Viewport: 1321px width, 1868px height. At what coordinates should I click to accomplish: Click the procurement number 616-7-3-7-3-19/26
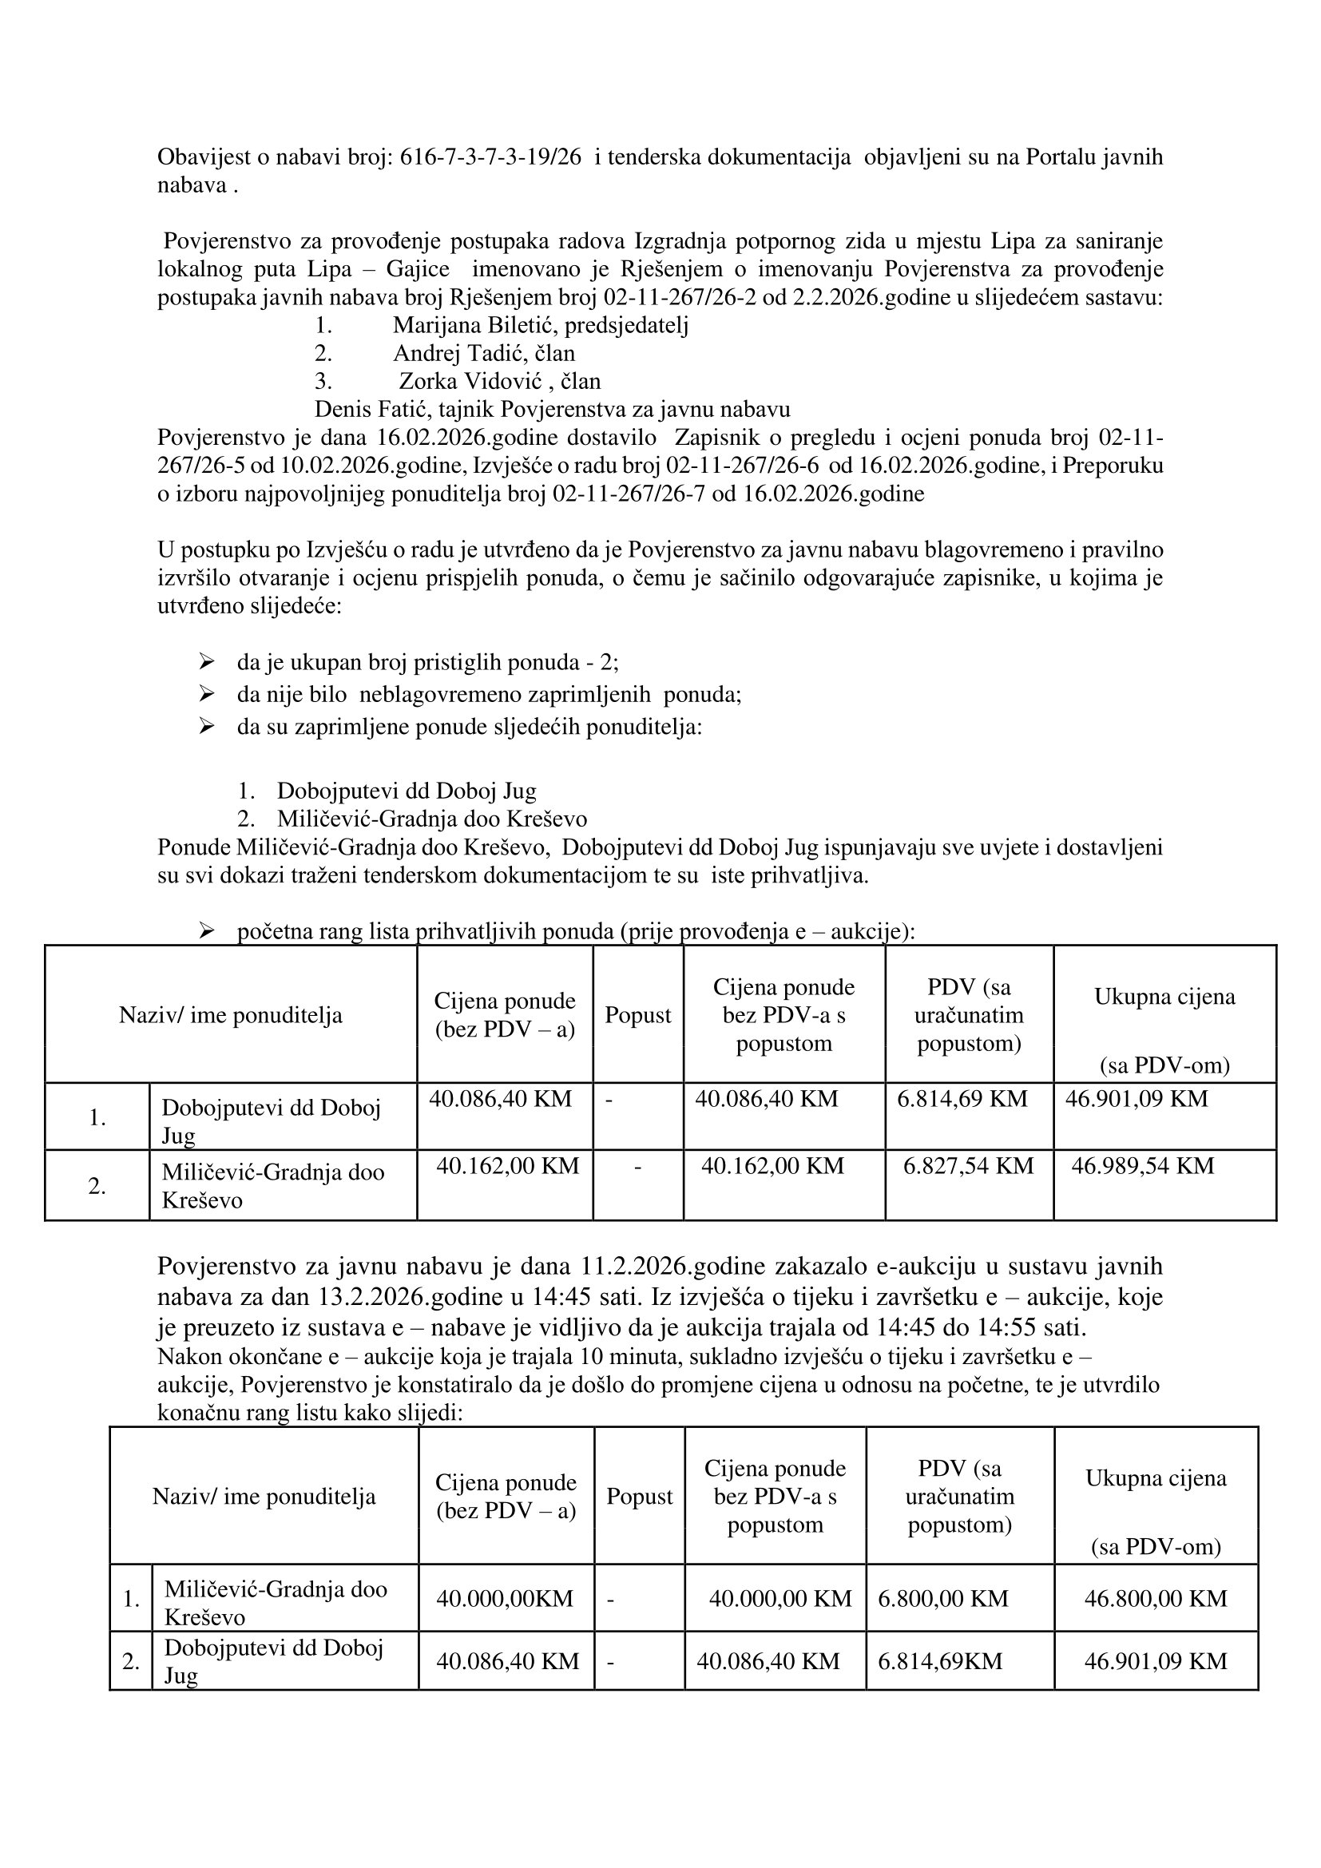490,157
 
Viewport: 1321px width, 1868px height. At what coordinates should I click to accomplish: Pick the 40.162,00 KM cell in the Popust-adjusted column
772,1166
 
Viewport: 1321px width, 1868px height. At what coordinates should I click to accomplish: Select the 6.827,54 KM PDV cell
968,1166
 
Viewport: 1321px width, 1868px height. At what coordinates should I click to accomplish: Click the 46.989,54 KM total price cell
1142,1166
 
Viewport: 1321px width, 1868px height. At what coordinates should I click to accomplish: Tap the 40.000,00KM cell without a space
504,1598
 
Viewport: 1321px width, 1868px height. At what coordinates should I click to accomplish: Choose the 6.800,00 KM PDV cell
942,1598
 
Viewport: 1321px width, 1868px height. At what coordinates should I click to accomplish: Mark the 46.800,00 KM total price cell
1155,1598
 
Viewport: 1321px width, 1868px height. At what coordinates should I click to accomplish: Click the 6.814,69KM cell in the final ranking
939,1660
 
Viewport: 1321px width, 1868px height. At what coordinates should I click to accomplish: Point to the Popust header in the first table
637,1014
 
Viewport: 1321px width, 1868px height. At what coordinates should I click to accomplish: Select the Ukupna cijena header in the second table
1155,1477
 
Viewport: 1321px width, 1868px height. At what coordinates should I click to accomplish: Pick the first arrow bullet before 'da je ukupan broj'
206,661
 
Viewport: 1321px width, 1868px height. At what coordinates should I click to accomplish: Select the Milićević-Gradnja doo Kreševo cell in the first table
272,1185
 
